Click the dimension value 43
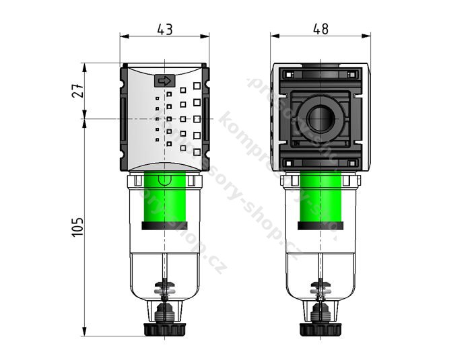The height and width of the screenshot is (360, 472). tap(164, 29)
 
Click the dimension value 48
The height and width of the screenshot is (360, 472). tap(321, 29)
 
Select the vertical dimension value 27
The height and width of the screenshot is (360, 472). tap(76, 92)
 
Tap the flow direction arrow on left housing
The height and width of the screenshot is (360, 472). tap(164, 81)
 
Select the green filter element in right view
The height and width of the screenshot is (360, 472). tap(321, 199)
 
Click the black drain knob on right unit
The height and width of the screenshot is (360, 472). tap(321, 329)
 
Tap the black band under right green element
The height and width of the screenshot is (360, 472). tap(321, 227)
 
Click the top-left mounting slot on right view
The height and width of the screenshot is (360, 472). tap(290, 74)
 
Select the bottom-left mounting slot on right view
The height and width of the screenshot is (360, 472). tap(290, 164)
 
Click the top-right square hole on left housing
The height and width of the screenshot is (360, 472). tap(197, 86)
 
